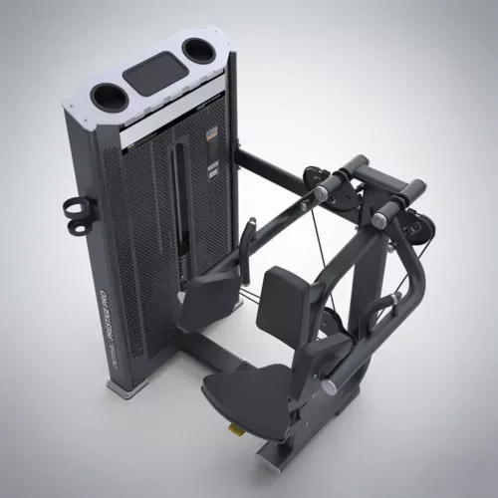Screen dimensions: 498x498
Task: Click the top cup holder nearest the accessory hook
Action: pos(106,95)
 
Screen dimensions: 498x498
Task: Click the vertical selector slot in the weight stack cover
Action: pos(176,199)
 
